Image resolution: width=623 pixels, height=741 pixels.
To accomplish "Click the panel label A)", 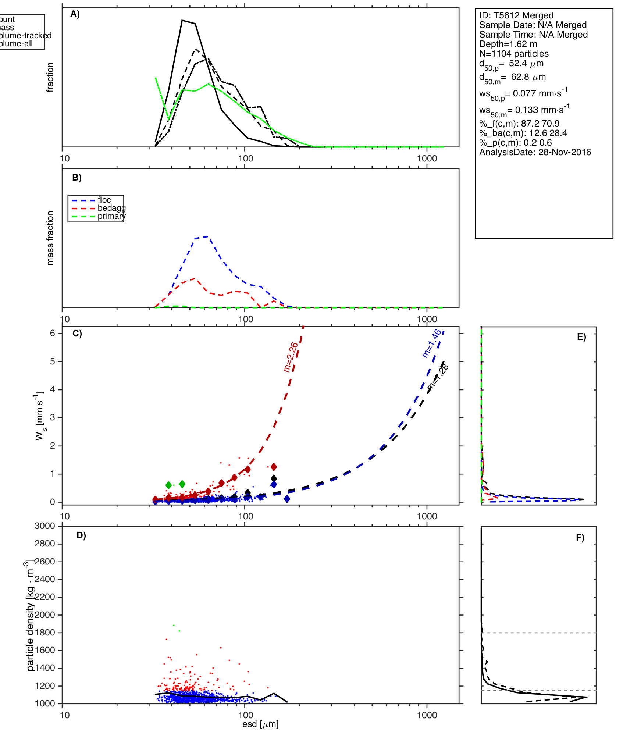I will [75, 14].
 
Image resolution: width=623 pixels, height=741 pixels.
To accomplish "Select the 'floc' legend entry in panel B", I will [104, 200].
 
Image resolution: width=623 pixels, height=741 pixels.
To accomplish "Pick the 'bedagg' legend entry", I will [111, 208].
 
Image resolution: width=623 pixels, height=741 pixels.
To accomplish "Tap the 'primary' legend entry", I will [111, 216].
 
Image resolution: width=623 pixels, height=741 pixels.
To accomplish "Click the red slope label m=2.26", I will [291, 357].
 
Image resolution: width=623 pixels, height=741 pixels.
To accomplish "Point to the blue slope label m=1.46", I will [431, 343].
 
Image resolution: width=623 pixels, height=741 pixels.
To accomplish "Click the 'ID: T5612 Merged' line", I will [516, 15].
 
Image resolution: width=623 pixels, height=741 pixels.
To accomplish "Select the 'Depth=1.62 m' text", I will [508, 44].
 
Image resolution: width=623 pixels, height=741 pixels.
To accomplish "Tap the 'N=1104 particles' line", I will [513, 54].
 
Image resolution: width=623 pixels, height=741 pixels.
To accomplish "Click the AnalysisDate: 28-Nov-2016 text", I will [535, 152].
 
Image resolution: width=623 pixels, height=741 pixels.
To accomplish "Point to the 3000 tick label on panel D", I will [45, 526].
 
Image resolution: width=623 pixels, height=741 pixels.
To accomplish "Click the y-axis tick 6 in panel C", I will [53, 333].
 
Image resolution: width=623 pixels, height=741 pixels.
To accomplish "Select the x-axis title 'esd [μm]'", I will [260, 724].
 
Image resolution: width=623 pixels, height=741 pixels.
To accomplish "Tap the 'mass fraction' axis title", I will [50, 238].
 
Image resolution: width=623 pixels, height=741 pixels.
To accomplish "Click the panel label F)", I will [580, 538].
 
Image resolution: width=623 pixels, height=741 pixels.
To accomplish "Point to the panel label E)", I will [581, 337].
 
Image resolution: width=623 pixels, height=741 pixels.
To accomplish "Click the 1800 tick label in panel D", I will [45, 633].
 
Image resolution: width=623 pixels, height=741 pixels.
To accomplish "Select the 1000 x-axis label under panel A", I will [427, 158].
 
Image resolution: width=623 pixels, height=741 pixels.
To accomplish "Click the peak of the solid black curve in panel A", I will [182, 20].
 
